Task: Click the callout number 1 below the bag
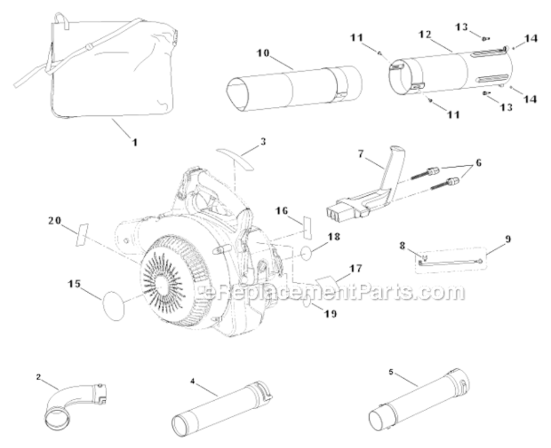pyautogui.click(x=135, y=143)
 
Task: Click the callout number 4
pyautogui.click(x=193, y=380)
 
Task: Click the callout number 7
pyautogui.click(x=361, y=154)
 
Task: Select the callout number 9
pyautogui.click(x=507, y=239)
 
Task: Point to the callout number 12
pyautogui.click(x=425, y=35)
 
